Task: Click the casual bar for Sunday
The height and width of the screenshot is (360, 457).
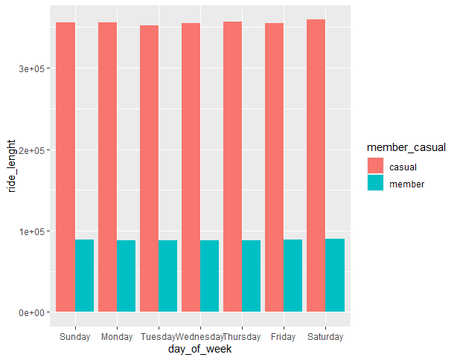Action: pyautogui.click(x=65, y=167)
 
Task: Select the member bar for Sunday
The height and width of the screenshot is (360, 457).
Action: pyautogui.click(x=84, y=275)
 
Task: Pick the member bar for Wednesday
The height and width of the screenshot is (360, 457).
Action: pyautogui.click(x=209, y=276)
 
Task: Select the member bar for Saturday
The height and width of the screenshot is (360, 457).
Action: pyautogui.click(x=334, y=275)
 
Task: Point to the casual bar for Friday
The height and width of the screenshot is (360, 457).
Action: pyautogui.click(x=274, y=167)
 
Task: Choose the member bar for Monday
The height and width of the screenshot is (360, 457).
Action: pyautogui.click(x=126, y=276)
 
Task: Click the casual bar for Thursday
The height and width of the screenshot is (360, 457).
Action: pyautogui.click(x=232, y=167)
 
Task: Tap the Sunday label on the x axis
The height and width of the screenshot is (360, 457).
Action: pyautogui.click(x=74, y=337)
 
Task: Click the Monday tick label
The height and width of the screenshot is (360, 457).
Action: pyautogui.click(x=116, y=337)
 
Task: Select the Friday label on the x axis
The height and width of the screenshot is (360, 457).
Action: pyautogui.click(x=283, y=337)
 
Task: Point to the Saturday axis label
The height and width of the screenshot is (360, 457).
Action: pyautogui.click(x=325, y=337)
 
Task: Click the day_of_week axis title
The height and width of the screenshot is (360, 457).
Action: pyautogui.click(x=199, y=350)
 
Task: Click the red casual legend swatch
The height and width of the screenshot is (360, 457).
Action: pyautogui.click(x=376, y=167)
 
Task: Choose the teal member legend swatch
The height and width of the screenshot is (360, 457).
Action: pyautogui.click(x=376, y=184)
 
